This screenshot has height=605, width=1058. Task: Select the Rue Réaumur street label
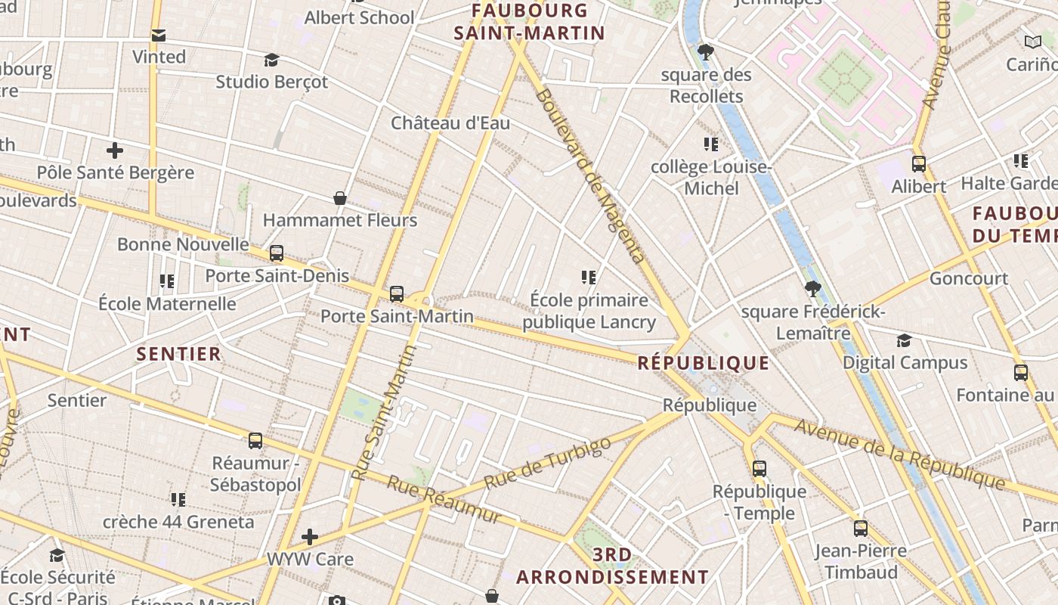[444, 499]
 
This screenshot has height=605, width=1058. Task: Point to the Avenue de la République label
[899, 454]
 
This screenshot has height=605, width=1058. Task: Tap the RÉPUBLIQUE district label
[703, 363]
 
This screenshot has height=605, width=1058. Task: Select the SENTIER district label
[179, 354]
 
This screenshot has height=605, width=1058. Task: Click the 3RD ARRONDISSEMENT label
[612, 566]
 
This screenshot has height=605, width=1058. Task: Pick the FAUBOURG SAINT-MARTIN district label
[529, 22]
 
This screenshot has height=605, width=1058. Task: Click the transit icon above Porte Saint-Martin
[397, 294]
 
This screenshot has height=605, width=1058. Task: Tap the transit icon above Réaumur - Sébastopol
[255, 440]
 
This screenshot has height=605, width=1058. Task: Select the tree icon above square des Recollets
[706, 52]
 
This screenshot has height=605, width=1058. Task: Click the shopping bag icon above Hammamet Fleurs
[340, 198]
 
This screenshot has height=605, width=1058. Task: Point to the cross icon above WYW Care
[310, 537]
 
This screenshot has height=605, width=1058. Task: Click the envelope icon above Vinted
[159, 35]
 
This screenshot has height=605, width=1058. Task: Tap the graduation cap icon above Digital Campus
[904, 340]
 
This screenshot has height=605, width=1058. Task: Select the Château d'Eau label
[450, 123]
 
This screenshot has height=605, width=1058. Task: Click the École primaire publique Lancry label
[589, 311]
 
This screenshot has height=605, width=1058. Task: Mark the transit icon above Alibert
[919, 163]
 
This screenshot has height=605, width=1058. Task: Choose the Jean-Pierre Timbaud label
[861, 561]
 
